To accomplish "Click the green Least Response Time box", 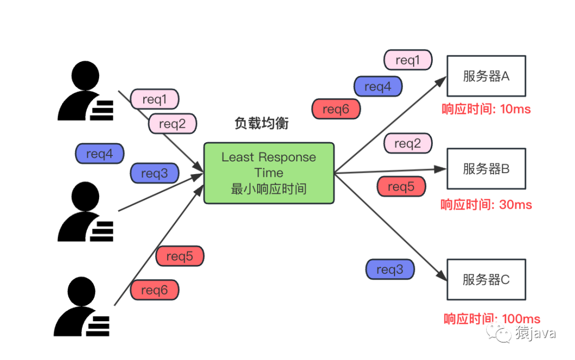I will pos(269,173).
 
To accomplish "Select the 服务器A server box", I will pos(486,76).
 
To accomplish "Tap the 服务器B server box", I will pos(486,168).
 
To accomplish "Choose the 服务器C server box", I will pos(486,279).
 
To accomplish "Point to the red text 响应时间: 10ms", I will pos(486,109).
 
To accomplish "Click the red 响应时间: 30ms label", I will pos(486,204).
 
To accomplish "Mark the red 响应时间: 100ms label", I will pos(491,319).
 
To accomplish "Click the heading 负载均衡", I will pos(261,124).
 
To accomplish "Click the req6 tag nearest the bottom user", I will pos(154,290).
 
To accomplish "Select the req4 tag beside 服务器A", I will pos(378,86).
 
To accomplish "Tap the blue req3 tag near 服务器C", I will pos(390,269).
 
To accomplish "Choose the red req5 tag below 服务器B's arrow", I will pos(401,186).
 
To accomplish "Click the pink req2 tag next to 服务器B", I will pos(407,143).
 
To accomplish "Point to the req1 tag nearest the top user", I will pos(154,99).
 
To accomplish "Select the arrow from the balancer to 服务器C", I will pos(391,227).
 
